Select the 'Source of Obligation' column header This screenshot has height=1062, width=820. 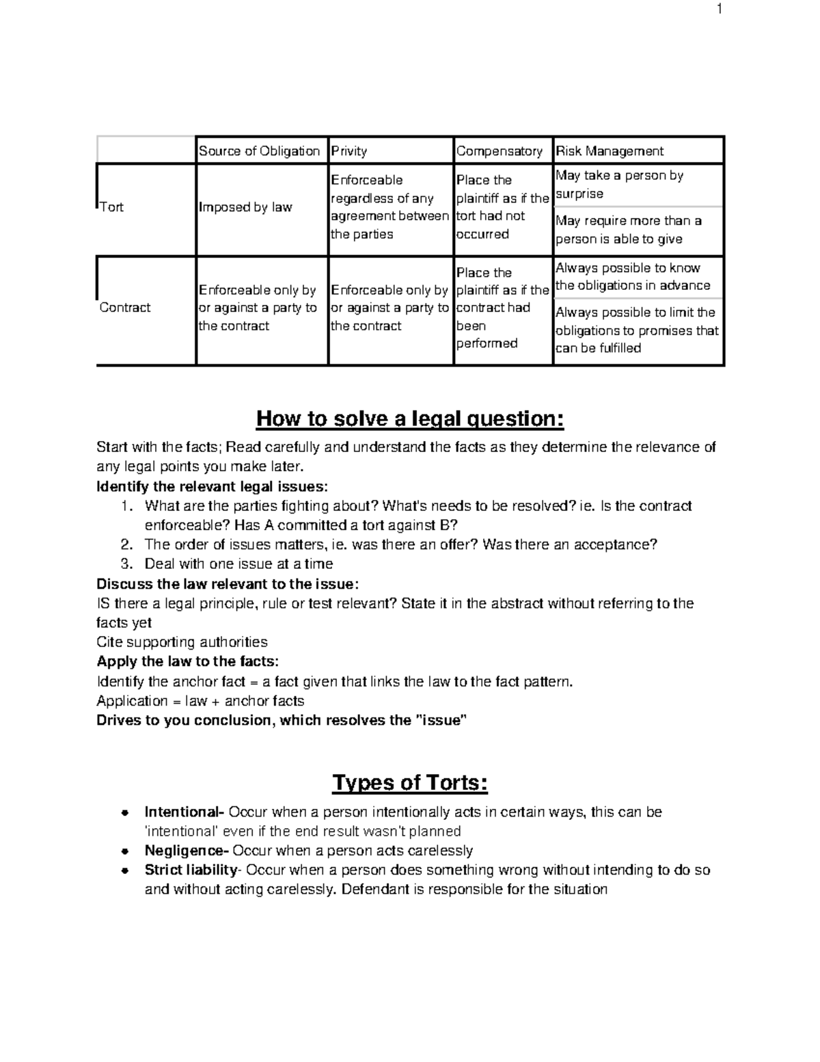click(x=259, y=151)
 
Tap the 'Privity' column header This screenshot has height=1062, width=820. click(x=349, y=151)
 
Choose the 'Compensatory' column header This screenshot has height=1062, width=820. click(x=499, y=151)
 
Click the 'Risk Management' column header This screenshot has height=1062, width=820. click(x=610, y=151)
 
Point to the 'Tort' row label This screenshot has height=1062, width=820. click(x=111, y=207)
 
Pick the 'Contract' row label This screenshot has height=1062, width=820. click(x=125, y=308)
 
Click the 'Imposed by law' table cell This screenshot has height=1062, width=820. click(x=245, y=207)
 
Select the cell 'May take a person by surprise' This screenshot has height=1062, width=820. click(x=619, y=185)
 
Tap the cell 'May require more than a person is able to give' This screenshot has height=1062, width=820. click(x=628, y=230)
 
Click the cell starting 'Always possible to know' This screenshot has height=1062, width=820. click(x=632, y=277)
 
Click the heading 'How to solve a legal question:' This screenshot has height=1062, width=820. click(x=410, y=419)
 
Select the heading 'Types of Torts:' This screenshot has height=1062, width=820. click(x=410, y=782)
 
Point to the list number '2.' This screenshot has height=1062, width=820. click(x=126, y=545)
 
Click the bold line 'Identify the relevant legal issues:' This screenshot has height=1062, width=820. click(x=212, y=487)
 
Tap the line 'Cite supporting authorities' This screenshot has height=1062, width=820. click(x=182, y=642)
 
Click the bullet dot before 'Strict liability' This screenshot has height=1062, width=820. click(x=124, y=871)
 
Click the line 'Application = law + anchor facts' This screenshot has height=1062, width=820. click(x=200, y=701)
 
